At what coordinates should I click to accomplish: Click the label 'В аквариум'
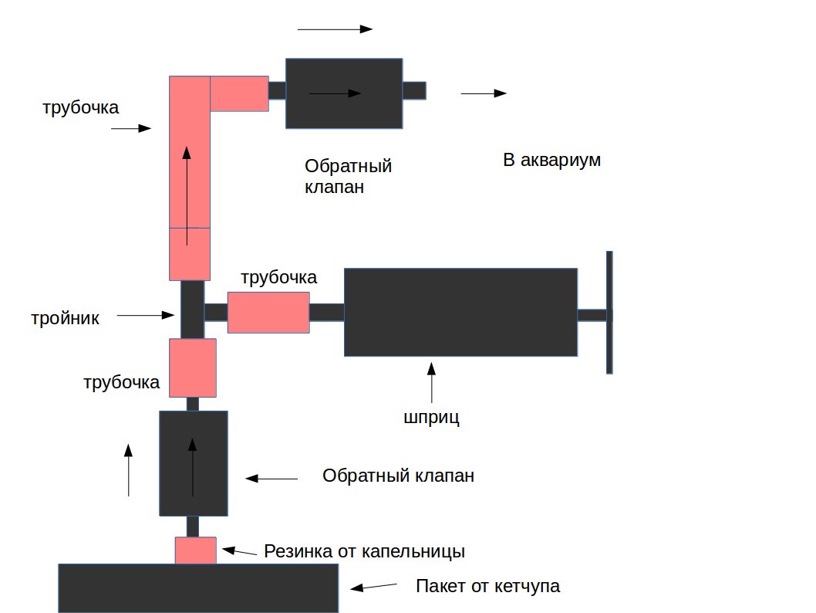pyautogui.click(x=551, y=161)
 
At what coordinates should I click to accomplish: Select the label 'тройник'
pyautogui.click(x=66, y=317)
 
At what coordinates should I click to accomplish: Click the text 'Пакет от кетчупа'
pyautogui.click(x=487, y=586)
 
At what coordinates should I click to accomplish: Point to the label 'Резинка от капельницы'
pyautogui.click(x=364, y=551)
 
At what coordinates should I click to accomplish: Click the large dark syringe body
pyautogui.click(x=460, y=312)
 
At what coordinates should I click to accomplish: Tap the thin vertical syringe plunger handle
pyautogui.click(x=609, y=312)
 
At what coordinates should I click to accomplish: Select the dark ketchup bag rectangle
pyautogui.click(x=198, y=588)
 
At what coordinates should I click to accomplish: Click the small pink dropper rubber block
pyautogui.click(x=195, y=550)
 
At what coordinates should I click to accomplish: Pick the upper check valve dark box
pyautogui.click(x=344, y=93)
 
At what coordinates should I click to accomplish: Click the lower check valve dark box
pyautogui.click(x=193, y=463)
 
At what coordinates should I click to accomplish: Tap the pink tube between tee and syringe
pyautogui.click(x=268, y=312)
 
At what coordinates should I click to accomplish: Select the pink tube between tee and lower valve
pyautogui.click(x=192, y=367)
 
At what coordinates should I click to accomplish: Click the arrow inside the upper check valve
pyautogui.click(x=335, y=93)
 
